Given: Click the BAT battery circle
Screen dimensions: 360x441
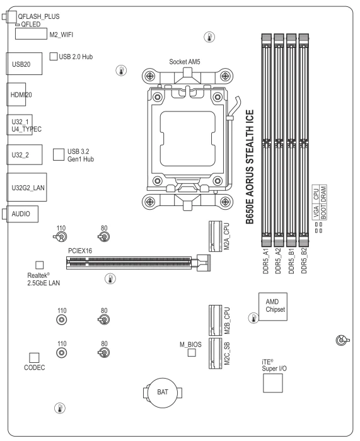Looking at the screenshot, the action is click(163, 392).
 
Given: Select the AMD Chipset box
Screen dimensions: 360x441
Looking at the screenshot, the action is click(273, 307).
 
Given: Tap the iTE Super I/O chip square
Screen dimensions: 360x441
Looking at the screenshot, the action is click(273, 383).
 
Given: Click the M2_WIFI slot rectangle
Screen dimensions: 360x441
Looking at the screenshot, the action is click(31, 34).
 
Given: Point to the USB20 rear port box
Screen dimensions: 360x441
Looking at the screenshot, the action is click(24, 64).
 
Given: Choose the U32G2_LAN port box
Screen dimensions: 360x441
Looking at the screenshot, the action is click(26, 187).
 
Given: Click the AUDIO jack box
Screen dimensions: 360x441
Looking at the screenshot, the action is click(22, 214).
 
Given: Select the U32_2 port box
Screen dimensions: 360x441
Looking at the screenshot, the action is click(25, 155).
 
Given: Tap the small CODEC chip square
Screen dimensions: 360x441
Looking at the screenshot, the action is click(34, 358).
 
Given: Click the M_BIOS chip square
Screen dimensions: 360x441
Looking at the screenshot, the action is click(192, 353).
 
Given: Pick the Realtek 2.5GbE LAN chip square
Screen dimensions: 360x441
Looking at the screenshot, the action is click(40, 265).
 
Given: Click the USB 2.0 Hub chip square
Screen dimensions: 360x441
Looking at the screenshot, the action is click(54, 56).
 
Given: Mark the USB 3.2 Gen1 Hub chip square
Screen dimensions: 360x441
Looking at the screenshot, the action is click(59, 155).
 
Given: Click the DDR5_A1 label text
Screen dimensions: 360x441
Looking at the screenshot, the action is click(266, 261).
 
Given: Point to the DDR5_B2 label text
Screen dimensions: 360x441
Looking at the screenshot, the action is click(304, 261).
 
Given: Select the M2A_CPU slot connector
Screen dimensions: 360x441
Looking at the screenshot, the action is click(216, 236).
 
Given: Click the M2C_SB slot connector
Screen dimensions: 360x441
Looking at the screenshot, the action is click(216, 353).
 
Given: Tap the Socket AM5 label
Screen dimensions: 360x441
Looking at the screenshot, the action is click(185, 62).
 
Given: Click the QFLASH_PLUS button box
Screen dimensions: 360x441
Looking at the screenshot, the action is click(11, 17).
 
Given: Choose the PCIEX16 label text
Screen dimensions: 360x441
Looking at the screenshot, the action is click(80, 251).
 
